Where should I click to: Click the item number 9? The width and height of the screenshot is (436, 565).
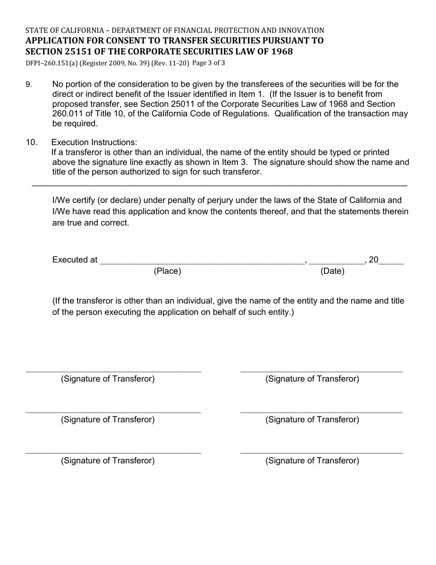point(28,85)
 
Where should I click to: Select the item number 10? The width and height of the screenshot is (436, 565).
point(31,142)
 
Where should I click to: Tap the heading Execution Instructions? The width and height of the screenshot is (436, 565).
point(94,142)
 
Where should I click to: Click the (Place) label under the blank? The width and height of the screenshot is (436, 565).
point(167,271)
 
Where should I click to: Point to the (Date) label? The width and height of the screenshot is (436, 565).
point(332,271)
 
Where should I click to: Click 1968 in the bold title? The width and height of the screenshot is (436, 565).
point(282,51)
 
